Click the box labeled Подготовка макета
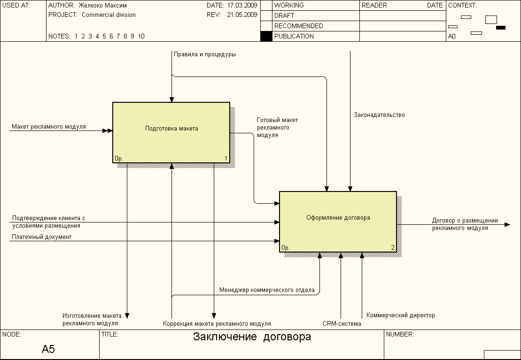[171, 132]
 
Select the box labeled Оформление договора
[338, 222]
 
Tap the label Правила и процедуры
[205, 54]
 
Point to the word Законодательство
[379, 115]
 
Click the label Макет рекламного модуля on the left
[49, 127]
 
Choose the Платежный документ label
[42, 237]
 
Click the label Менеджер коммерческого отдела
[267, 290]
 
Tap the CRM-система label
[342, 324]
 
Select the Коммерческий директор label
[401, 315]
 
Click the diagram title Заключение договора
[252, 337]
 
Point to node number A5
[48, 349]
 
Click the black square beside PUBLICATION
[266, 36]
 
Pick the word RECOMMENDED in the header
[299, 26]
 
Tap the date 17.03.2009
[242, 5]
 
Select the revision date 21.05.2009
[242, 15]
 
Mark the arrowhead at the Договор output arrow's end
[507, 225]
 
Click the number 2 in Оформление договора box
[393, 247]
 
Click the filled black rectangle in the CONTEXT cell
[501, 28]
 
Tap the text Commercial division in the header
[109, 15]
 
